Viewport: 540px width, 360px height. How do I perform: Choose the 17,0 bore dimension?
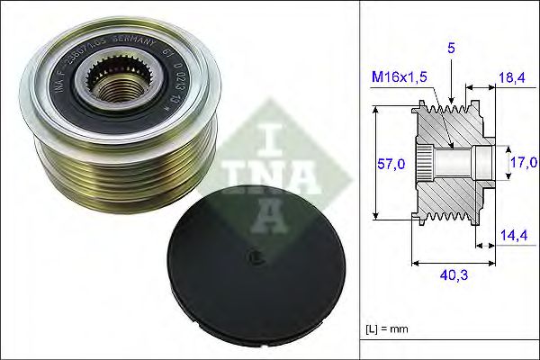click(523, 163)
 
